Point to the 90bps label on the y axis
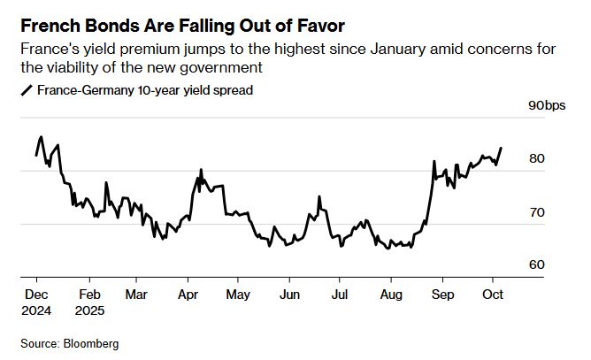(546, 106)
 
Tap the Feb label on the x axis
(89, 294)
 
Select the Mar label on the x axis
(137, 294)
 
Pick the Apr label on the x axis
(188, 294)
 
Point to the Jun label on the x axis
(288, 294)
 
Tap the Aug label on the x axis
(390, 294)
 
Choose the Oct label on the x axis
(493, 294)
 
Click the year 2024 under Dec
(36, 310)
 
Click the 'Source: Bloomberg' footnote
(70, 342)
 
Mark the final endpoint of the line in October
(502, 148)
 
